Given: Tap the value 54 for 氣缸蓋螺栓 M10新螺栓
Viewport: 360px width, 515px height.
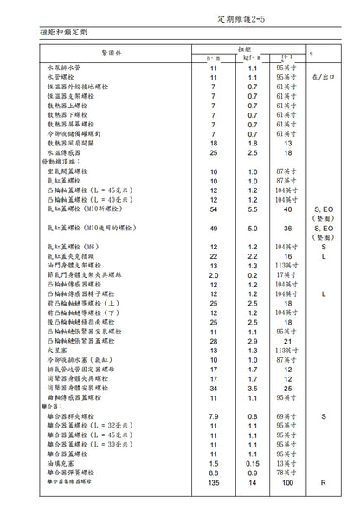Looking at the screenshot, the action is click(x=214, y=209).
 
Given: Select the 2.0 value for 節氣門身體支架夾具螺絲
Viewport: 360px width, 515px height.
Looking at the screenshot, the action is click(x=214, y=275).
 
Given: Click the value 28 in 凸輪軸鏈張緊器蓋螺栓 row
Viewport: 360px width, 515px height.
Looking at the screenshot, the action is click(x=214, y=342).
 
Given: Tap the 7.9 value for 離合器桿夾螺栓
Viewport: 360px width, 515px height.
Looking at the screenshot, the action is click(x=214, y=417).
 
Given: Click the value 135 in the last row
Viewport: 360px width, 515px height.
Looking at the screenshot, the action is click(x=214, y=482).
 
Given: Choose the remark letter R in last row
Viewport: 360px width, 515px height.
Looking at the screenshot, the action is click(x=323, y=482).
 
